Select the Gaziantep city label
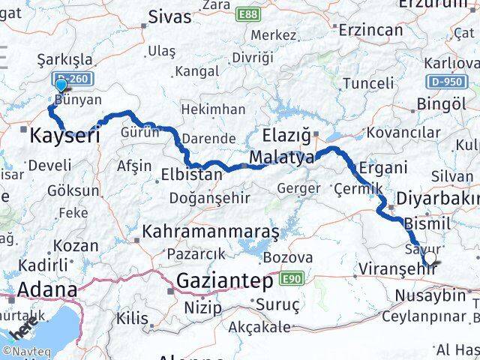click(x=226, y=281)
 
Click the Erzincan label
click(x=371, y=31)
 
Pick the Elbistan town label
click(x=192, y=175)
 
